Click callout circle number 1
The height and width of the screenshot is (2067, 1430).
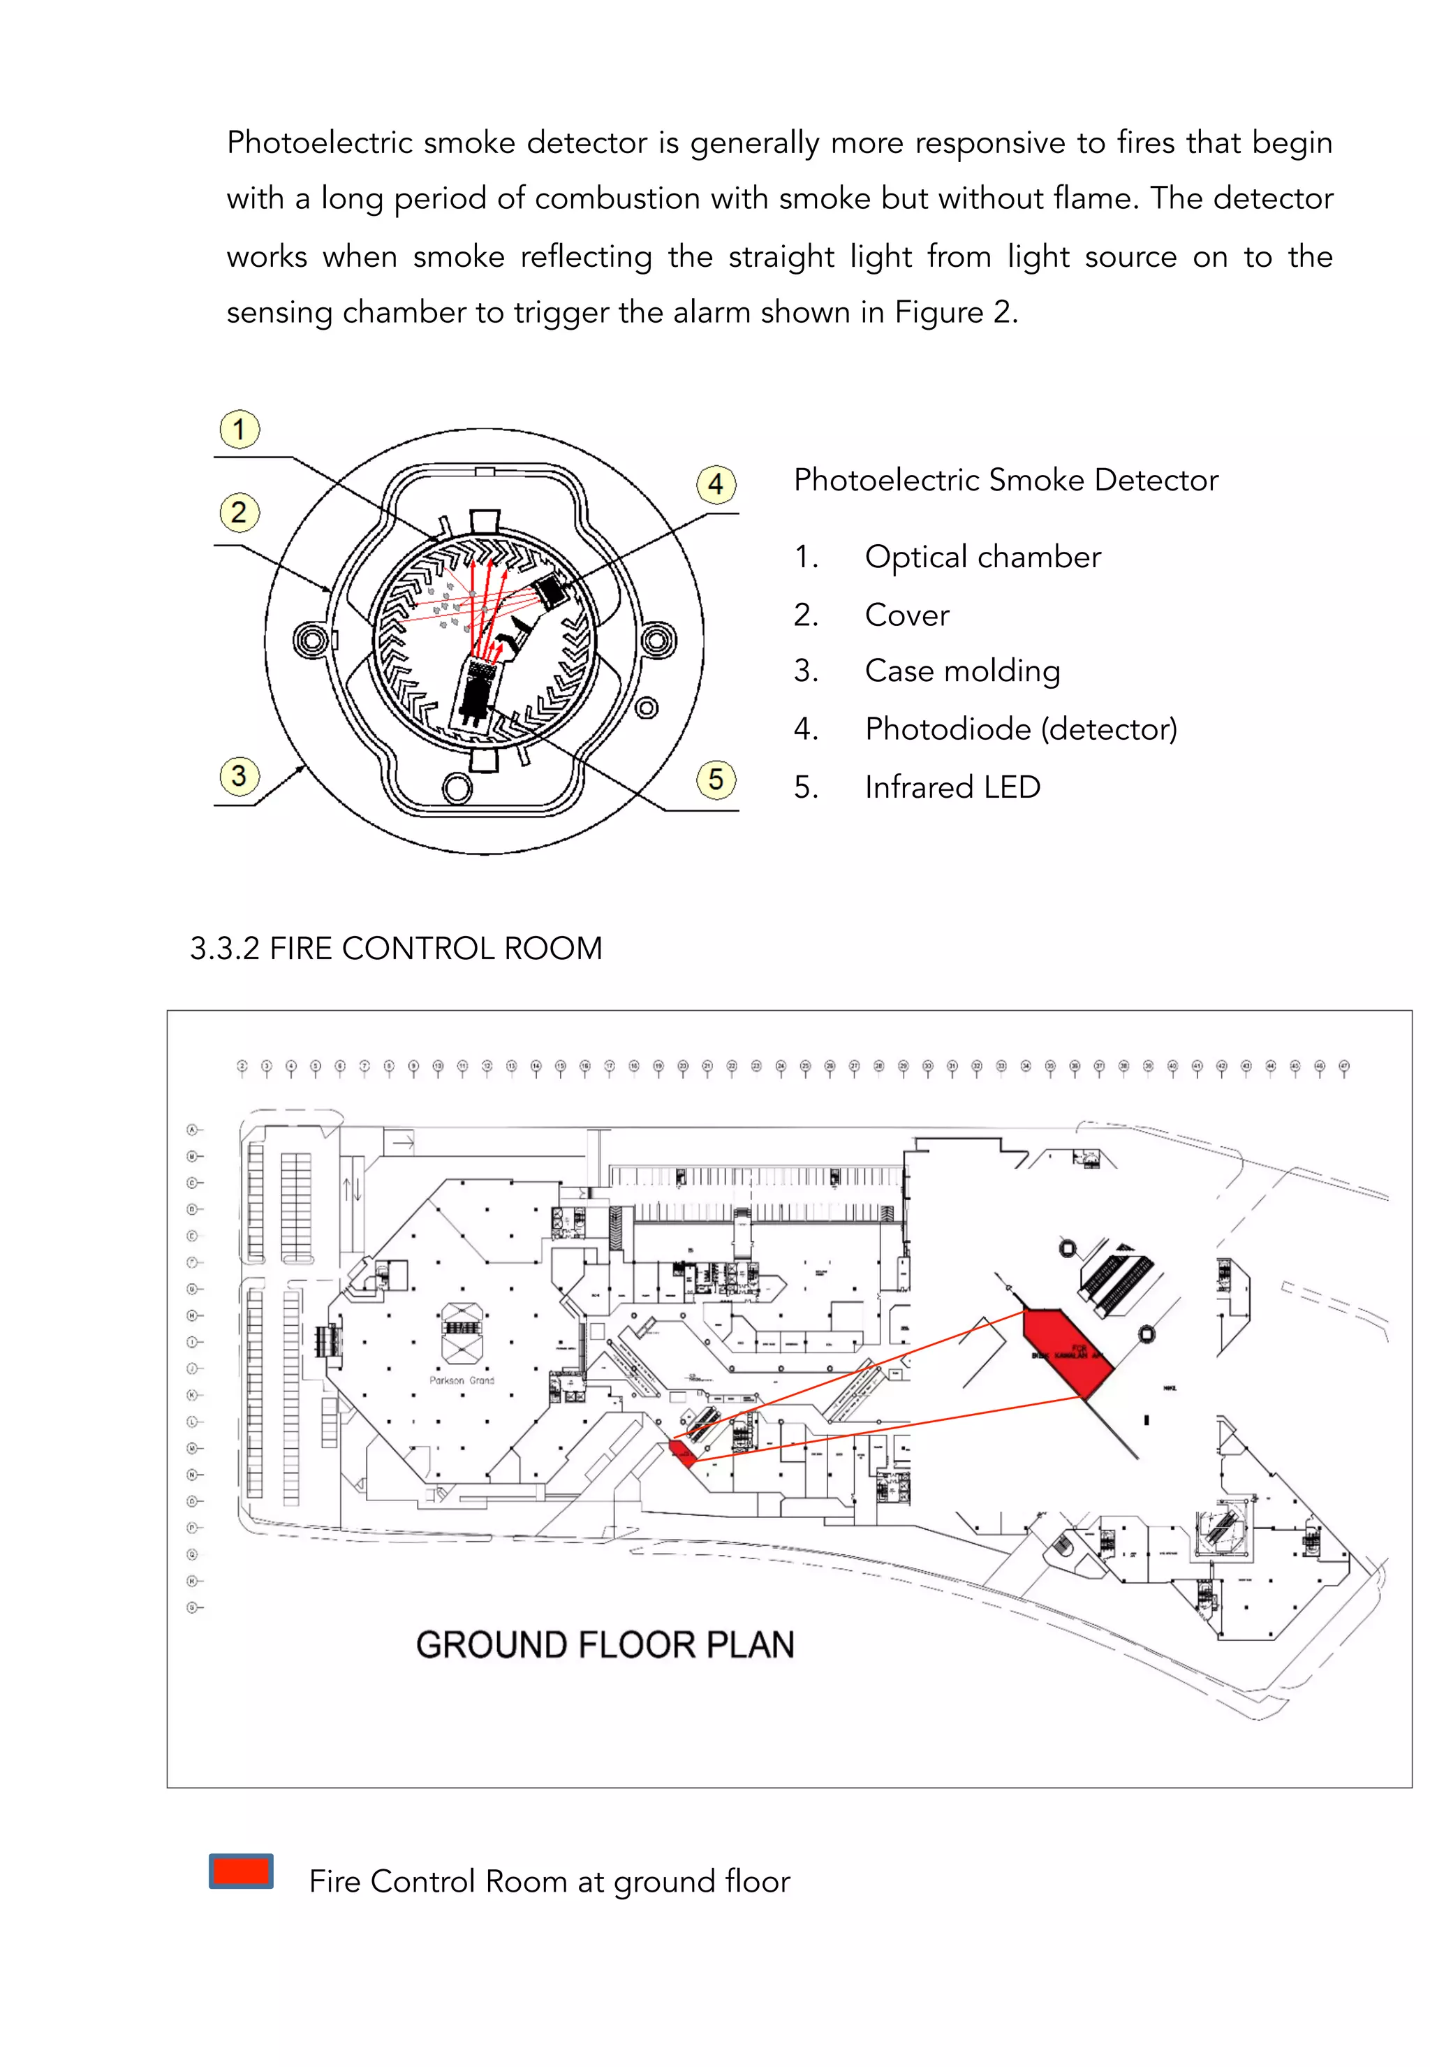(239, 430)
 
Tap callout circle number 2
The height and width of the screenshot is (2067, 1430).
(239, 513)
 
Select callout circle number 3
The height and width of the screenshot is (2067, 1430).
(239, 776)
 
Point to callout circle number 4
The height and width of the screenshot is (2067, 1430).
(716, 485)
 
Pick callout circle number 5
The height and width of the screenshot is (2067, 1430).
(716, 780)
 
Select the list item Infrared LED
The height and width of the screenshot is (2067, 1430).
(952, 787)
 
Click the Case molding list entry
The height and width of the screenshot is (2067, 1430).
(961, 671)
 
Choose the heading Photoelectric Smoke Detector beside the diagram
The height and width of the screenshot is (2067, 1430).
(1005, 481)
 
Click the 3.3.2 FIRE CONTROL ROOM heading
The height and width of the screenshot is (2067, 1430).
(395, 949)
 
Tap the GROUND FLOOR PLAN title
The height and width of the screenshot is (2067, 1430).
(605, 1645)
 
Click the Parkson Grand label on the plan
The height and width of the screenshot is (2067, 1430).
(462, 1380)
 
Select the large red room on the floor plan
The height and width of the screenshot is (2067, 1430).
(1066, 1349)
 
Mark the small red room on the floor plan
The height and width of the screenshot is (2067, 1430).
(682, 1453)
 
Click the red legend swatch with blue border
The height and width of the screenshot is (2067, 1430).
(241, 1871)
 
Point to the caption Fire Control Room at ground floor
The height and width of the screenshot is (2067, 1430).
(550, 1881)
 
